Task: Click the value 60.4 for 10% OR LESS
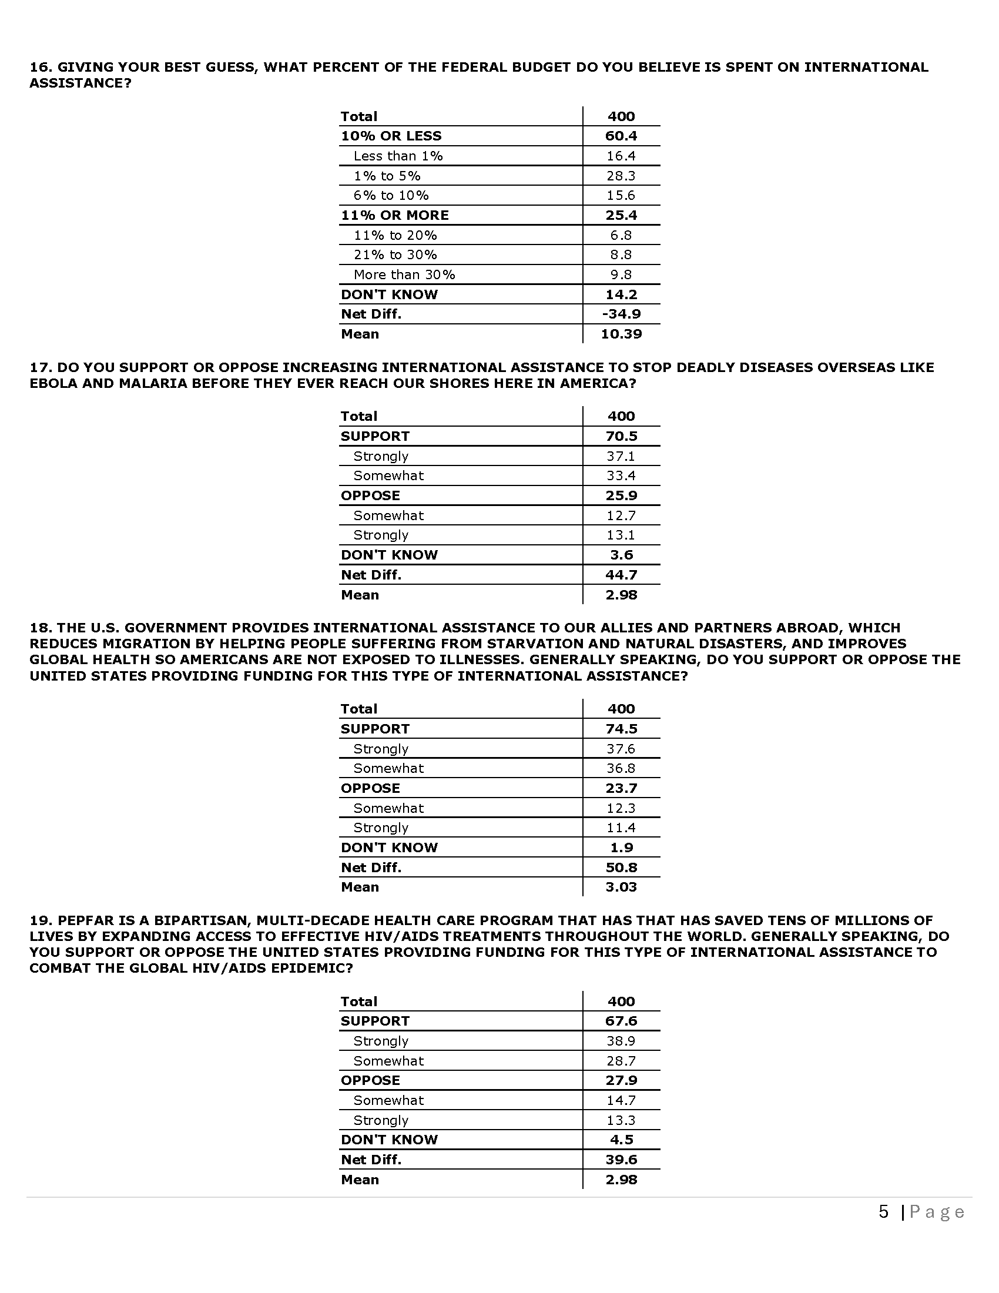coord(621,136)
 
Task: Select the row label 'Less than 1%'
coord(398,156)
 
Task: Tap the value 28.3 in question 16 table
coord(621,176)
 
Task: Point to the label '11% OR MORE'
coord(395,215)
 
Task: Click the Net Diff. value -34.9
coord(621,314)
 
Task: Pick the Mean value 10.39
coord(621,334)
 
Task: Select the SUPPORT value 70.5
coord(621,436)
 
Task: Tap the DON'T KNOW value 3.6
coord(621,555)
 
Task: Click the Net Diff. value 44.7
coord(621,575)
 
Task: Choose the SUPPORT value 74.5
coord(621,729)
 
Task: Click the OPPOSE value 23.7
coord(621,788)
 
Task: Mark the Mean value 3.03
coord(621,887)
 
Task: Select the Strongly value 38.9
coord(621,1041)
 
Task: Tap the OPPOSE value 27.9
coord(621,1080)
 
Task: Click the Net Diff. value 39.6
coord(621,1159)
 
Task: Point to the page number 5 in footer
coord(884,1212)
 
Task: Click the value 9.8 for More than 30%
coord(621,274)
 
